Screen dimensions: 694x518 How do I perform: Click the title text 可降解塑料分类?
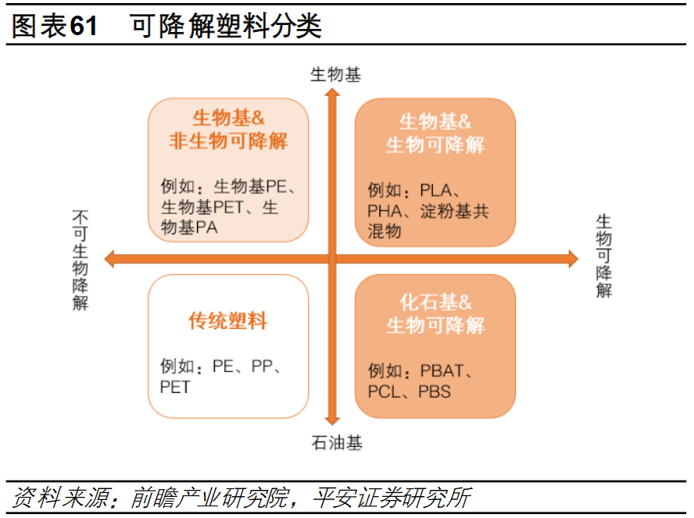[x=225, y=26]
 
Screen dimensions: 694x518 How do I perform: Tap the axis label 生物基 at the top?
[x=335, y=74]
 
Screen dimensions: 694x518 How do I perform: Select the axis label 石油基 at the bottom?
[x=336, y=442]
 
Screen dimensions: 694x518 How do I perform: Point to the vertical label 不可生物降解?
[x=80, y=260]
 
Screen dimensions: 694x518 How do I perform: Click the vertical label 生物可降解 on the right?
[x=603, y=255]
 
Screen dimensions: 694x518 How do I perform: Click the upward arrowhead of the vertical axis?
[x=332, y=92]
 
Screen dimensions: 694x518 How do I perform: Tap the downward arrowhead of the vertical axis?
[x=332, y=420]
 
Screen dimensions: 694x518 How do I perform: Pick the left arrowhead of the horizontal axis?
[x=109, y=259]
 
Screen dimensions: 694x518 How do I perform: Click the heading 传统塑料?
[x=227, y=320]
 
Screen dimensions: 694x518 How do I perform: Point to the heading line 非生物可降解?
[x=228, y=141]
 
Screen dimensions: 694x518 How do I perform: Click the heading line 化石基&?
[x=435, y=302]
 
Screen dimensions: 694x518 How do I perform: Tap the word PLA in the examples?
[x=435, y=190]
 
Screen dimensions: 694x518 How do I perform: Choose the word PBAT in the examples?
[x=442, y=370]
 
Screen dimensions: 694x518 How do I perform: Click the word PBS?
[x=435, y=391]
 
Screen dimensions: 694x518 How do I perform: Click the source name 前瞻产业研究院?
[x=211, y=498]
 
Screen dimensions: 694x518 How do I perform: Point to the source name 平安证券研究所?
[x=392, y=498]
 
